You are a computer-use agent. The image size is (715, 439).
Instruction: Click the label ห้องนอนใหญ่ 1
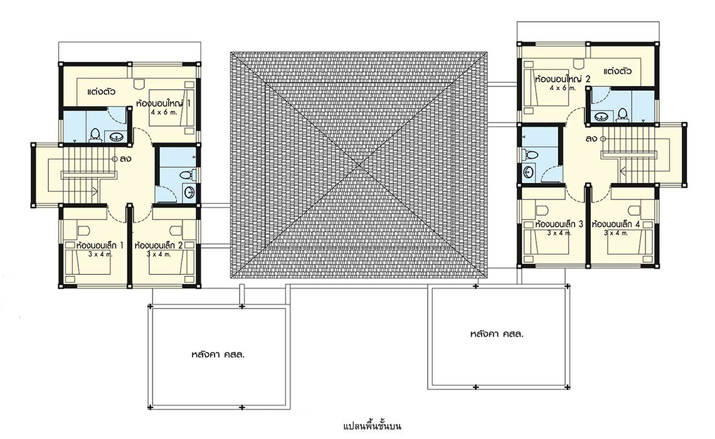pos(163,103)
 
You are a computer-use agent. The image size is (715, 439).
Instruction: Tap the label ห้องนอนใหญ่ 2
pos(563,79)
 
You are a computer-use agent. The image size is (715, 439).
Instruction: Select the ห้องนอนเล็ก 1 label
pos(100,245)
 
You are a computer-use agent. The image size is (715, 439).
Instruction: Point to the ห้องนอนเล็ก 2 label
pos(159,245)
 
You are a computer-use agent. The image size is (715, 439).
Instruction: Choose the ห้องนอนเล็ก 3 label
pos(559,225)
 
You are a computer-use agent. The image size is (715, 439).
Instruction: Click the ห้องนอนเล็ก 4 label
pos(616,225)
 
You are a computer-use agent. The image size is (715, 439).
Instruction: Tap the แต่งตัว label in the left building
pos(101,92)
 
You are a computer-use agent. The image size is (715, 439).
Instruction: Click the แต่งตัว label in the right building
pos(617,71)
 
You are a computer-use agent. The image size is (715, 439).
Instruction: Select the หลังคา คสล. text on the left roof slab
pos(218,354)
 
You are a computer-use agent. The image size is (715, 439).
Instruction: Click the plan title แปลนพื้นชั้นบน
pos(372,426)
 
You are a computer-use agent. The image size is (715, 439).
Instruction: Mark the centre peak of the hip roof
pos(359,165)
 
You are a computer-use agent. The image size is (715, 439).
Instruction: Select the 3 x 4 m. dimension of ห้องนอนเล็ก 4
pos(616,233)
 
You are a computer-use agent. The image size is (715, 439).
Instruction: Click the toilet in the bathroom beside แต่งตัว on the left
pos(95,135)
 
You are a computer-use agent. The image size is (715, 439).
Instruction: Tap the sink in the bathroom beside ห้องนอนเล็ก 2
pos(189,193)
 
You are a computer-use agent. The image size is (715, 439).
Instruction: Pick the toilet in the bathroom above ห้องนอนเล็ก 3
pos(529,154)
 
